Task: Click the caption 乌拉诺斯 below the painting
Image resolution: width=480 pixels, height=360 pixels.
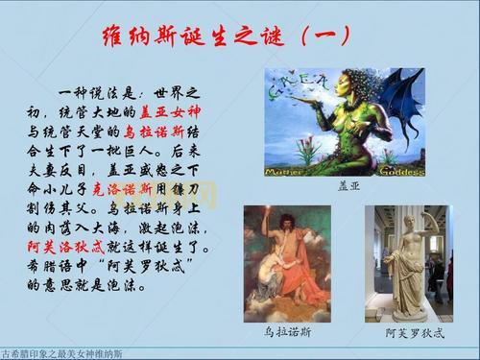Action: coord(286,332)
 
